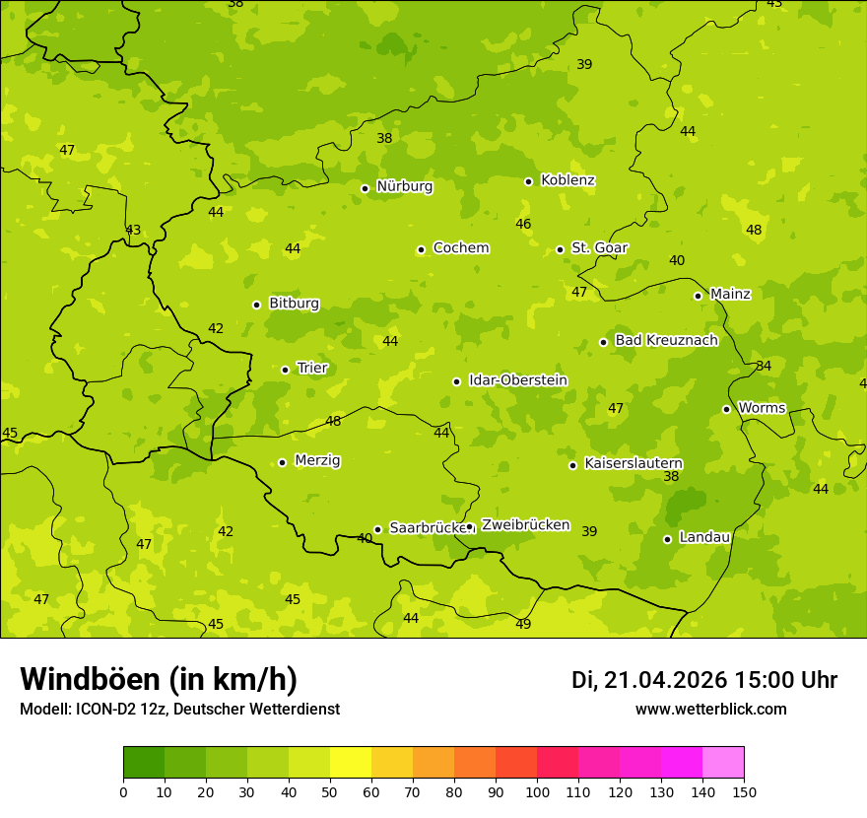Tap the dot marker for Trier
pyautogui.click(x=286, y=370)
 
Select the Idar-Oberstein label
pyautogui.click(x=517, y=380)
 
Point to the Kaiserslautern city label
pyautogui.click(x=634, y=463)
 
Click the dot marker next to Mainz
pyautogui.click(x=698, y=296)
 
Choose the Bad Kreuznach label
pyautogui.click(x=666, y=340)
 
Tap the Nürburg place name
pyautogui.click(x=404, y=186)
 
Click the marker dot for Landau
pyautogui.click(x=667, y=539)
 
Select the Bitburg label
pyautogui.click(x=294, y=304)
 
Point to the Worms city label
pyautogui.click(x=762, y=408)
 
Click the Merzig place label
pyautogui.click(x=317, y=460)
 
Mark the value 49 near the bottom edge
pyautogui.click(x=523, y=624)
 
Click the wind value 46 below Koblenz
pyautogui.click(x=523, y=225)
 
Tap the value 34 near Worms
pyautogui.click(x=764, y=367)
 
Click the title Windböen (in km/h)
pyautogui.click(x=159, y=679)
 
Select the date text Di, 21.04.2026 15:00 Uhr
pyautogui.click(x=704, y=680)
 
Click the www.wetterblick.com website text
pyautogui.click(x=710, y=710)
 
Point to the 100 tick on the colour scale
pyautogui.click(x=537, y=791)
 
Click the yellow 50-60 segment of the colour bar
pyautogui.click(x=351, y=763)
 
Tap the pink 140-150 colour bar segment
pyautogui.click(x=723, y=763)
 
